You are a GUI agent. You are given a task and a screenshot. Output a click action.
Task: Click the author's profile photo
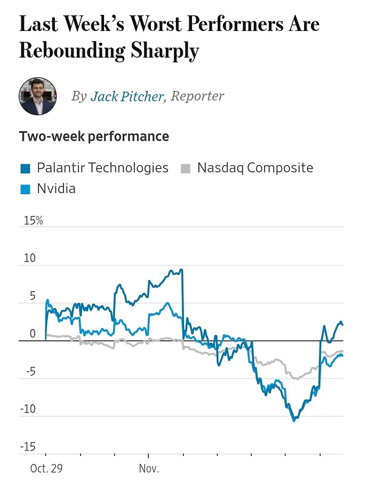(38, 96)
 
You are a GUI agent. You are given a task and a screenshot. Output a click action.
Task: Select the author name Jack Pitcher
(127, 96)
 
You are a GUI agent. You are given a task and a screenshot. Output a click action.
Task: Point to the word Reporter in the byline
(197, 96)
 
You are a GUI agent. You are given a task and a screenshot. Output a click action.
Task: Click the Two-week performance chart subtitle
(94, 137)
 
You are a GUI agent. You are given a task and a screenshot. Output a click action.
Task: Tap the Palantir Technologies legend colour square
(25, 169)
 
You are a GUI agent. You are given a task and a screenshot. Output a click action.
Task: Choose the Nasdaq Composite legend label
(255, 168)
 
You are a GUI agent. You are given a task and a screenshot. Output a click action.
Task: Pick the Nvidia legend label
(56, 188)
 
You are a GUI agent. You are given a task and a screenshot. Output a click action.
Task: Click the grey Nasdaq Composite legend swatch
(185, 169)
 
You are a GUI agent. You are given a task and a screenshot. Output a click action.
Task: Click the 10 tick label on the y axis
(29, 259)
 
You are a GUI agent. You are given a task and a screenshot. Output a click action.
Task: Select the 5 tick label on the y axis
(32, 296)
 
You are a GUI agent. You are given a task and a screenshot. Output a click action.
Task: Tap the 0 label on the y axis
(33, 334)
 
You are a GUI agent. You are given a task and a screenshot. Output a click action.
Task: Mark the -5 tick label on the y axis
(30, 372)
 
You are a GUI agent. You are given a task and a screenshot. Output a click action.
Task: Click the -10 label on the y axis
(28, 410)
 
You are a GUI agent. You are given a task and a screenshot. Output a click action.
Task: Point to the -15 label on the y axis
(28, 447)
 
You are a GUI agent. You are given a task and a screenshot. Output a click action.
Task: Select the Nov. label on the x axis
(149, 469)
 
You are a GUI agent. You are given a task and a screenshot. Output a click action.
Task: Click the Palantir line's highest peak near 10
(181, 269)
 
